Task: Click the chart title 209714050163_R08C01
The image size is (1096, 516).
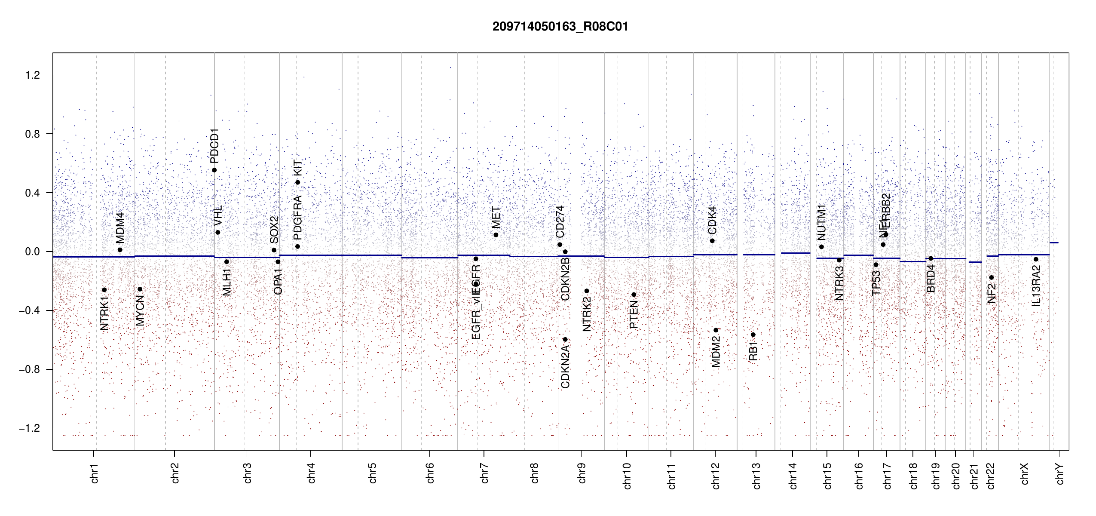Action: [560, 27]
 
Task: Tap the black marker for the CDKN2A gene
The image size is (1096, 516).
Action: [565, 340]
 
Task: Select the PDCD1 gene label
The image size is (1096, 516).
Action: [214, 145]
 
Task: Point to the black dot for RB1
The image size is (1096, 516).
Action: [753, 335]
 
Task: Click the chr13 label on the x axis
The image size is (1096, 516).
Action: [756, 476]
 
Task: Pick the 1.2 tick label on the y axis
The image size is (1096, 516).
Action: [33, 75]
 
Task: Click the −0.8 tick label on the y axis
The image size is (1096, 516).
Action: [30, 369]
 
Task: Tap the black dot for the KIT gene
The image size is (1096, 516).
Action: [297, 182]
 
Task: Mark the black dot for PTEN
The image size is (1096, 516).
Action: [634, 295]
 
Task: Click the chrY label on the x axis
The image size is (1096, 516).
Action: [1060, 474]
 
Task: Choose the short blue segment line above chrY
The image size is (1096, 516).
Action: [1054, 243]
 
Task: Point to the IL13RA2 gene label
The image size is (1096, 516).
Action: [1036, 286]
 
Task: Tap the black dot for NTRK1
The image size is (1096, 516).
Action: [104, 290]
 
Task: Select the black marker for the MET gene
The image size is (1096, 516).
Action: [496, 235]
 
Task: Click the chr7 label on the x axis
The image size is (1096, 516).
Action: [484, 473]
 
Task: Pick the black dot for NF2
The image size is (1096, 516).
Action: [991, 277]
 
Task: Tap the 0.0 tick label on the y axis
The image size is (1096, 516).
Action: [33, 252]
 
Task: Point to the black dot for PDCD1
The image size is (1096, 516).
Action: [214, 170]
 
